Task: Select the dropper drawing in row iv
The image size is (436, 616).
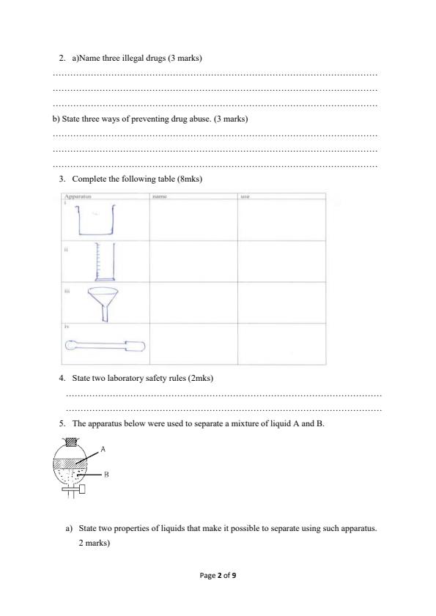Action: tap(105, 345)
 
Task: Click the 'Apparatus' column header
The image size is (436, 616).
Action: tap(77, 197)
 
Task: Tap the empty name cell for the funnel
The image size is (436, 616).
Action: tap(193, 303)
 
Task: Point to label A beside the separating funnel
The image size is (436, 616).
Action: tap(103, 448)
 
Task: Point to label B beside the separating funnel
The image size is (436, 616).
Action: tap(106, 475)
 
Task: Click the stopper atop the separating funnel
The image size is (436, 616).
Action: tap(71, 442)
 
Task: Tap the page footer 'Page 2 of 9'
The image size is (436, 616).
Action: tap(218, 576)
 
